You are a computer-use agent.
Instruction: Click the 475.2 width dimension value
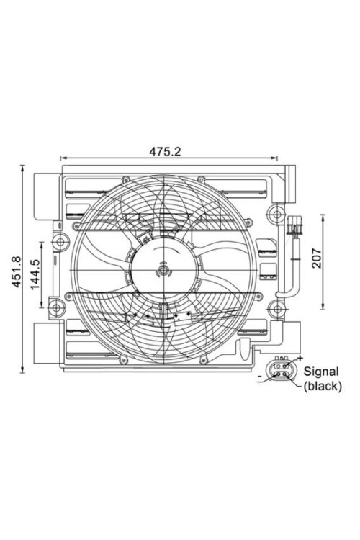pos(165,151)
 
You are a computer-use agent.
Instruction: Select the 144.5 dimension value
pos(37,273)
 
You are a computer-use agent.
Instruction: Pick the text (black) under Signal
pos(322,386)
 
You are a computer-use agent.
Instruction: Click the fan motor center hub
pos(164,271)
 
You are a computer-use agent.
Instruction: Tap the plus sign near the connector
pos(300,358)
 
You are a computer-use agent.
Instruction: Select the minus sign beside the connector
pos(258,376)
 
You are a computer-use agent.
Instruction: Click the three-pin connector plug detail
pos(280,372)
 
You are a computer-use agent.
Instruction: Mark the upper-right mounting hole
pos(275,213)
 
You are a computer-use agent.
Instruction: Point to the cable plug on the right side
pos(293,230)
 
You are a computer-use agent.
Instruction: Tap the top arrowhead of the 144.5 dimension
pos(49,244)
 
